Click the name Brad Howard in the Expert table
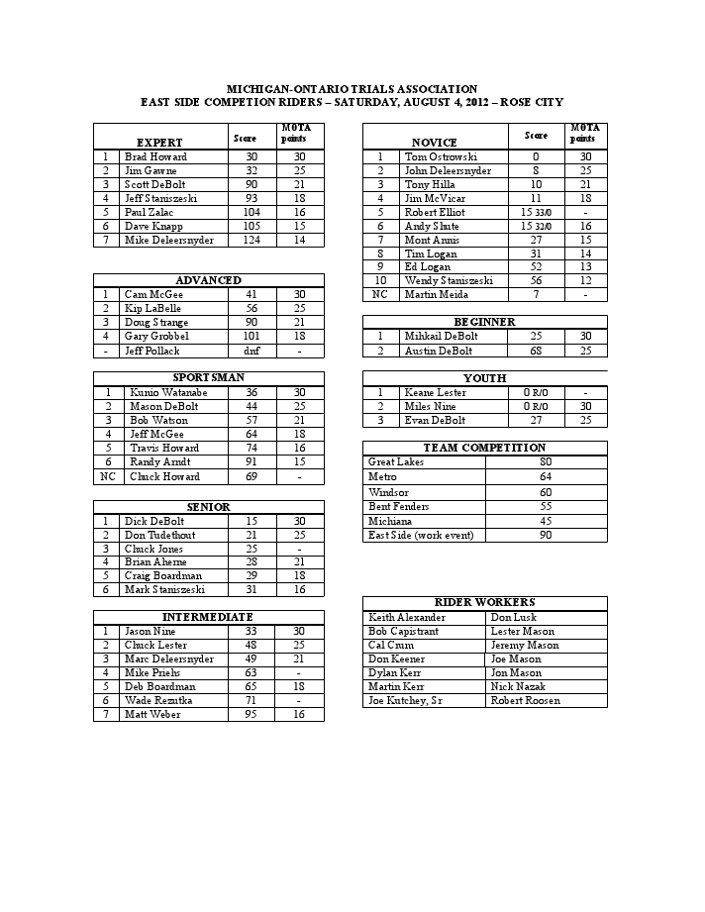coord(155,156)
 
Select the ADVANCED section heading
coord(209,280)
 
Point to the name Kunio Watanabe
coord(164,392)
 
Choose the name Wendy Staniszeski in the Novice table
coord(449,281)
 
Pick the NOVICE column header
coord(434,143)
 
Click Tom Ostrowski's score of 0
coord(536,156)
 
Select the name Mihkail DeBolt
coord(440,336)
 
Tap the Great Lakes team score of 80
coord(546,462)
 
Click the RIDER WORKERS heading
coord(485,602)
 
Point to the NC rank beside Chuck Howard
coord(108,476)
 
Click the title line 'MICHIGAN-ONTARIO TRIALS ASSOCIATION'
coord(352,89)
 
